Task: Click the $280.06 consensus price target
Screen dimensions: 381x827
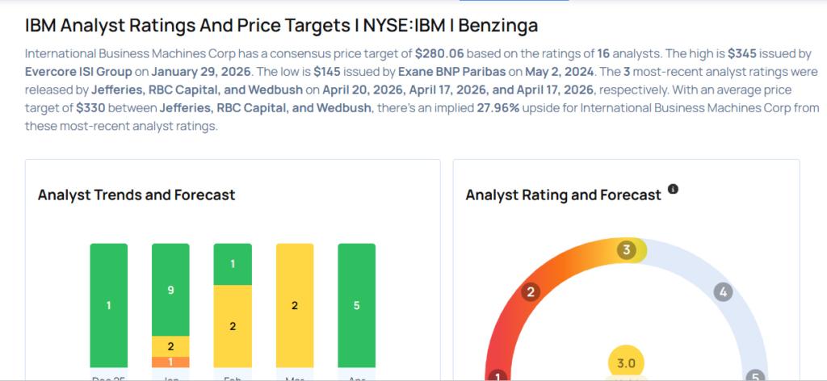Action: point(442,52)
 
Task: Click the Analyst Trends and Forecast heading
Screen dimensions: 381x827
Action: point(136,195)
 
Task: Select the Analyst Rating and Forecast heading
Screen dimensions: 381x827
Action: point(564,195)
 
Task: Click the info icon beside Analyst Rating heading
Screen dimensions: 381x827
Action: point(673,190)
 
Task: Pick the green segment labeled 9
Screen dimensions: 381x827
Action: point(170,289)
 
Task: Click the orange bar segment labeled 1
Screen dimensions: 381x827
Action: point(170,362)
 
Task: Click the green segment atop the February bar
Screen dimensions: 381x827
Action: point(233,263)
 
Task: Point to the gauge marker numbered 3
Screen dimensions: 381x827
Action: point(625,250)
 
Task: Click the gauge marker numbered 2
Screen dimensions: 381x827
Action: point(531,292)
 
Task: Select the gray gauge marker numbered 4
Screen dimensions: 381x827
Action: point(724,292)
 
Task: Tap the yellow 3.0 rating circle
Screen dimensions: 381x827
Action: point(627,364)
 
